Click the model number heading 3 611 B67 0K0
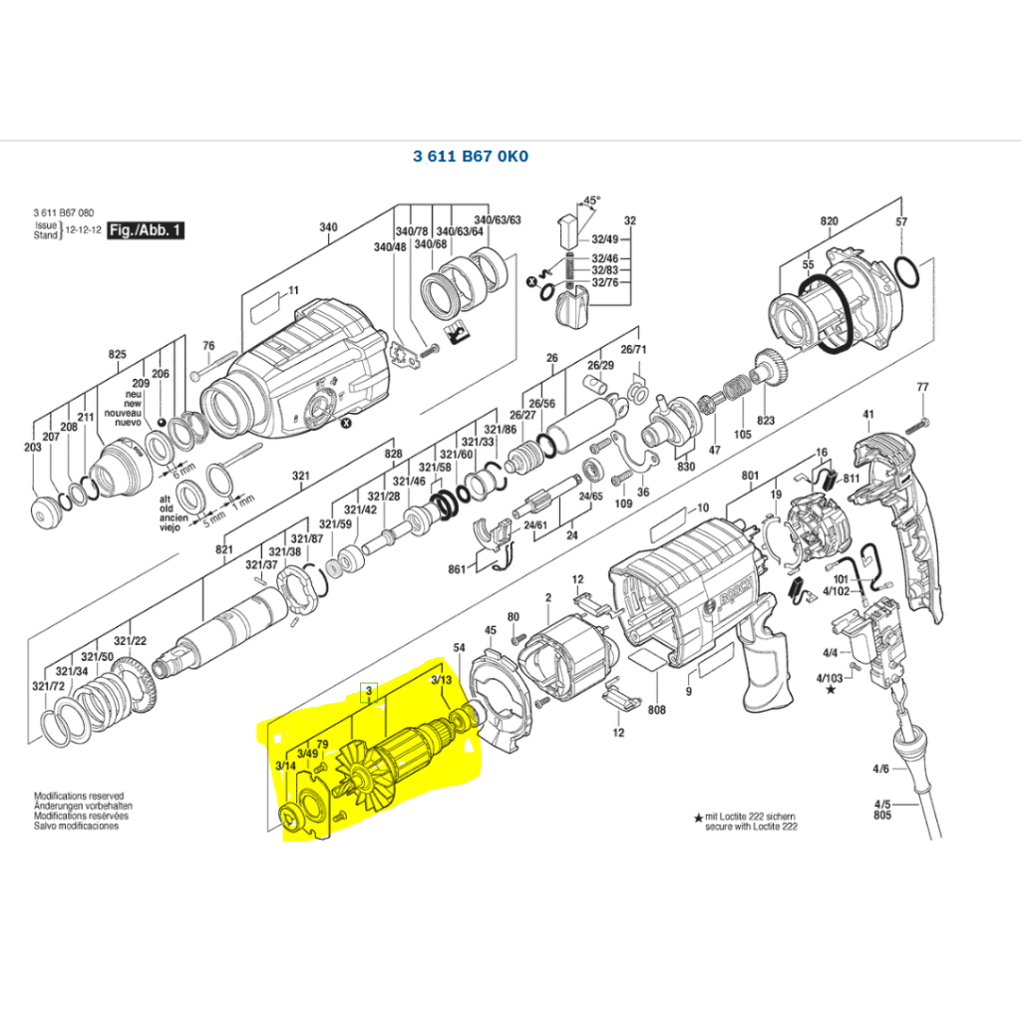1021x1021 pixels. (471, 157)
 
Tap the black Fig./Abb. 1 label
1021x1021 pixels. (146, 229)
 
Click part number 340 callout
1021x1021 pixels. (328, 227)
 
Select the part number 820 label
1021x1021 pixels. (830, 221)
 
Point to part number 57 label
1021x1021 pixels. (901, 221)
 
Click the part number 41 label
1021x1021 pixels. (867, 414)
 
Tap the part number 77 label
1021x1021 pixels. (922, 387)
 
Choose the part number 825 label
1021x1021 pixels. (118, 354)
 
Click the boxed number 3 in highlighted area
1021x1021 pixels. (369, 691)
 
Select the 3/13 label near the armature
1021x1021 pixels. (441, 680)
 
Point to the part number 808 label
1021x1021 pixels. (656, 711)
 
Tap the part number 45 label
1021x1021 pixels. (490, 630)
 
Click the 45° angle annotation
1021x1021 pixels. (592, 200)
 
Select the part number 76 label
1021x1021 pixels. (208, 346)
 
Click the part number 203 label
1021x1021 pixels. (33, 448)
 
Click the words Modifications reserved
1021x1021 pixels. (79, 797)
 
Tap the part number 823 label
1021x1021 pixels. (765, 421)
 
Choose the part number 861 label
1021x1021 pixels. (457, 568)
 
